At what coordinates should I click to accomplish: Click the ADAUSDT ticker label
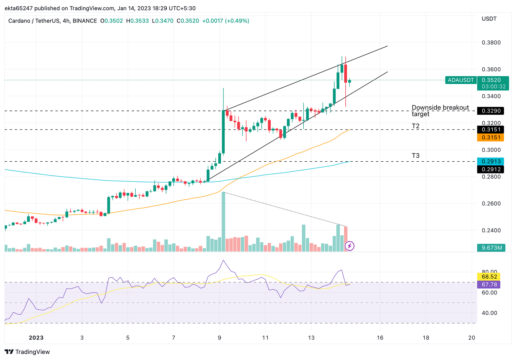[461, 80]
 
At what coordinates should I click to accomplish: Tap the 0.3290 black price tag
[491, 111]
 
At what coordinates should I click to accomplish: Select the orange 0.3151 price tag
[491, 137]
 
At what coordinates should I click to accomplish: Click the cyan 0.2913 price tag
[491, 161]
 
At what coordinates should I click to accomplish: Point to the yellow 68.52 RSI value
[489, 277]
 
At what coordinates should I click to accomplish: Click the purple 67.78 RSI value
[489, 285]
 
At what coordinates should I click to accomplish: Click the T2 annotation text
[416, 126]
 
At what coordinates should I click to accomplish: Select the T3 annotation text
[416, 156]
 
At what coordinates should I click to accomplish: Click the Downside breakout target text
[440, 111]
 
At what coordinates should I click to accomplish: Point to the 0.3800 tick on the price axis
[491, 43]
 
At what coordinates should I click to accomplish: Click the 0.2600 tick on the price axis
[491, 204]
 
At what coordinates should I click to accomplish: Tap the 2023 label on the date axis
[36, 337]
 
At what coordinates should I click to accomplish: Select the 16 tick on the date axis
[380, 337]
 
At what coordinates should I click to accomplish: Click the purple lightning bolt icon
[349, 246]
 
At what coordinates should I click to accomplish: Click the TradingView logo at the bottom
[28, 352]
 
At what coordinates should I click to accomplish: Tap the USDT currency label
[489, 19]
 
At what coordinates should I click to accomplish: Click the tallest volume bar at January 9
[223, 222]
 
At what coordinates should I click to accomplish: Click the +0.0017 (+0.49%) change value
[226, 21]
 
